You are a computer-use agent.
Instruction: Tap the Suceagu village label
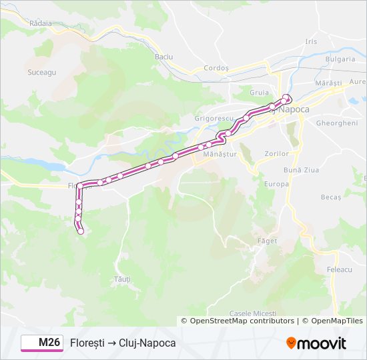point(41,71)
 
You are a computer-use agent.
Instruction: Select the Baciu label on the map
point(163,57)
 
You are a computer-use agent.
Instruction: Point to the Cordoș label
point(216,68)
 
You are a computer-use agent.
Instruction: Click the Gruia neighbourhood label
point(259,93)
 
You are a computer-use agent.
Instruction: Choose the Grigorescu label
point(213,119)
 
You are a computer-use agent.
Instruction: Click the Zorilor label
point(276,153)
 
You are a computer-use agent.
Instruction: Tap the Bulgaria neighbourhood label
point(340,59)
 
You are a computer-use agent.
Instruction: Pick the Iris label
point(311,41)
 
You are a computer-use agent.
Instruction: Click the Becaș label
point(330,197)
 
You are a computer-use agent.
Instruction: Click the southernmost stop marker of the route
point(81,231)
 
